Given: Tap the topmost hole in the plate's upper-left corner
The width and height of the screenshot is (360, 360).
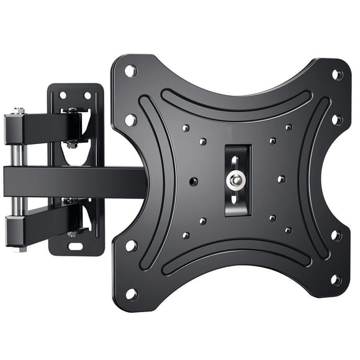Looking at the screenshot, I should click(x=131, y=71).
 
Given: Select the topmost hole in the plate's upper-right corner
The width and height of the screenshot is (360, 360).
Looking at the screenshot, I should click(x=337, y=74).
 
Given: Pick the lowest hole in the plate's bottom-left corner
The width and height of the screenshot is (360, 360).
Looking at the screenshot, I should click(x=132, y=292).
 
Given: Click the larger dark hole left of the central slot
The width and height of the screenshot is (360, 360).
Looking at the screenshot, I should click(x=193, y=182).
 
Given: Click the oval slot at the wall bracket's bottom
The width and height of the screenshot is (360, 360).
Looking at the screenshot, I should click(x=74, y=247).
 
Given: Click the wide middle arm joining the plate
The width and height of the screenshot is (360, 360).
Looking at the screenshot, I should click(x=74, y=180).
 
